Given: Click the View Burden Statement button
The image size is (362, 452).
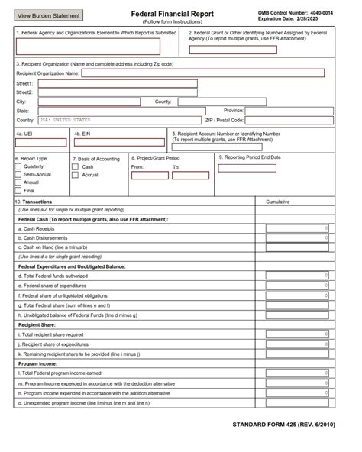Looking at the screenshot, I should coord(48,15).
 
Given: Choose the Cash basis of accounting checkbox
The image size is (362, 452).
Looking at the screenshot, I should coord(75,166).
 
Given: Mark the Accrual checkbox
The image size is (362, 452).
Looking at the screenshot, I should coord(75,175).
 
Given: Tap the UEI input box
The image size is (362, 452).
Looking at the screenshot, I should coord(41,142).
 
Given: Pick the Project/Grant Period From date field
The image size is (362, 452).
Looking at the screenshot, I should coord(150,175).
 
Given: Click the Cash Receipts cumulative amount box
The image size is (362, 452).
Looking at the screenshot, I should coord(298,228).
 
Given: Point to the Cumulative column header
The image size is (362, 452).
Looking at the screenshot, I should coord(277,202).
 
